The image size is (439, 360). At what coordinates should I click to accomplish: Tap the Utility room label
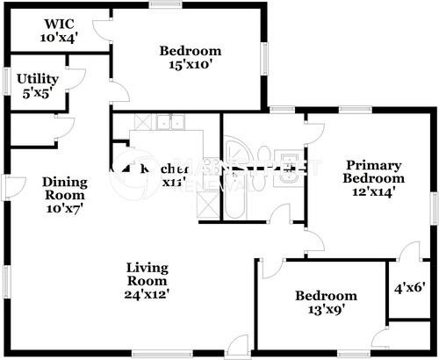pos(37,79)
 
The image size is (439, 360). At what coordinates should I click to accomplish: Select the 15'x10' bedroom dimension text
pos(190,65)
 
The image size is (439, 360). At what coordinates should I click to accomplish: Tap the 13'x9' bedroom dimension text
pos(326,310)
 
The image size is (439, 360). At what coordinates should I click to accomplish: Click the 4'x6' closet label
pos(409,285)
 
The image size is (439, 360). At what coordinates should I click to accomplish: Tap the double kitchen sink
pos(169,123)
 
